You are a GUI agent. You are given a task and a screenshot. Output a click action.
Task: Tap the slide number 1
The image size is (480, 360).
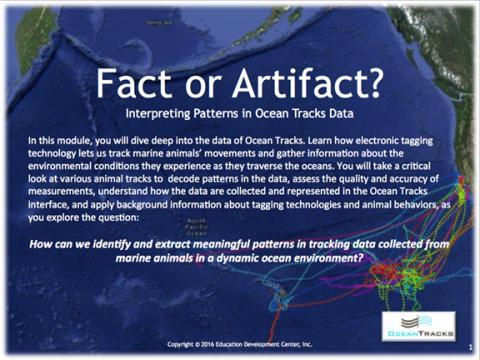469,346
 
